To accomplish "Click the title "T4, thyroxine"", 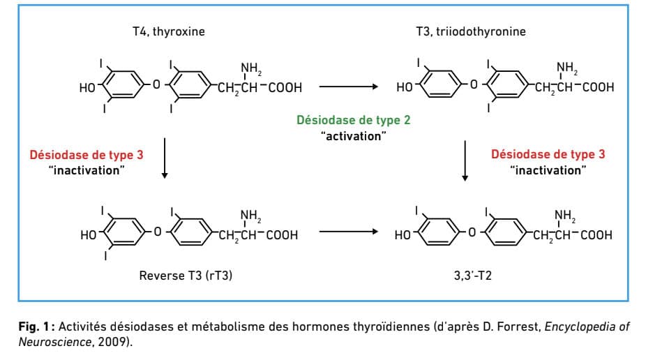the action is point(169,31).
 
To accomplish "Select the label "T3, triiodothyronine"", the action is point(470,31).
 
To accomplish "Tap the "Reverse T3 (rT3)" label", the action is point(186,276).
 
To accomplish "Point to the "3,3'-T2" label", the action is point(472,275).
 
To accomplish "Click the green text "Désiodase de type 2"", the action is point(354,120).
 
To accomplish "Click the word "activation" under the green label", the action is point(354,136).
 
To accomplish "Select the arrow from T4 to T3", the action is point(349,87).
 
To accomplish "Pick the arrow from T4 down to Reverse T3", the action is point(165,158).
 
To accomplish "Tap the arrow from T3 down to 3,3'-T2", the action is point(465,160).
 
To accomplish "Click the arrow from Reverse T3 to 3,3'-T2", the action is point(349,232).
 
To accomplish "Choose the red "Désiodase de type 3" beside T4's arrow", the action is point(87,155).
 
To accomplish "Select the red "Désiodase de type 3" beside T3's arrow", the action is point(548,154).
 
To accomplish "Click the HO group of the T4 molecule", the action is point(87,88).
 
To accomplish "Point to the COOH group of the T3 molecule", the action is point(598,87).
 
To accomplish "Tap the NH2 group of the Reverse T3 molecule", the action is point(250,216).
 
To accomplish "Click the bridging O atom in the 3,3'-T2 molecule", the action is point(472,233).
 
